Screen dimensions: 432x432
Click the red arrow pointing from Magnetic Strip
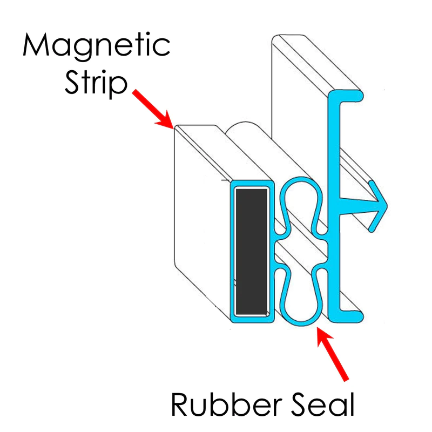[153, 109]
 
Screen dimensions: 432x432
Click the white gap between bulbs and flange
[324, 249]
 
